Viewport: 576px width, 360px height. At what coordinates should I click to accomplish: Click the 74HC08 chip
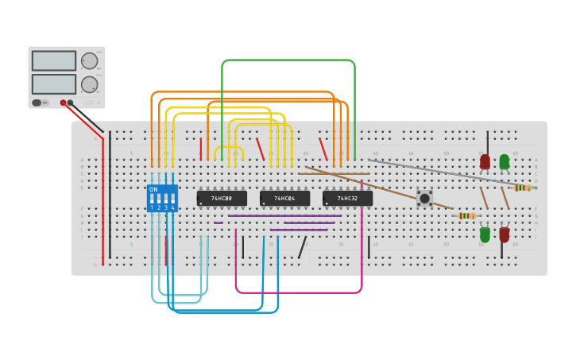pyautogui.click(x=222, y=198)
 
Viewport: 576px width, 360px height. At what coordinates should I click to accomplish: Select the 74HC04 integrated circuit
pyautogui.click(x=284, y=198)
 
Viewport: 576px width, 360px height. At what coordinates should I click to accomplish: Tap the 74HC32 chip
pyautogui.click(x=347, y=198)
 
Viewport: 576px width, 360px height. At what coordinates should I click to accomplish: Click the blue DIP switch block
pyautogui.click(x=162, y=199)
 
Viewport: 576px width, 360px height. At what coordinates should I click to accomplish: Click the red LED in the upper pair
pyautogui.click(x=485, y=161)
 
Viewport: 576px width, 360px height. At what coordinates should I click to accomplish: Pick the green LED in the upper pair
pyautogui.click(x=504, y=161)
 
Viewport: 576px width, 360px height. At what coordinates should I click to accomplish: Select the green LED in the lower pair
pyautogui.click(x=485, y=234)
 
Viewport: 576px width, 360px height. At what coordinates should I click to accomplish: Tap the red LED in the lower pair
pyautogui.click(x=504, y=234)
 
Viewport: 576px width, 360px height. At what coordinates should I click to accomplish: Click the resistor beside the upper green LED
pyautogui.click(x=523, y=188)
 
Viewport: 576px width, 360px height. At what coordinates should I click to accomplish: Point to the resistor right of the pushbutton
pyautogui.click(x=467, y=215)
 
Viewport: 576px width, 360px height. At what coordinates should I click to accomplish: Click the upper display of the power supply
pyautogui.click(x=54, y=61)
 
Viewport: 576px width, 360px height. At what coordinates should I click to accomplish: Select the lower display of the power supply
pyautogui.click(x=54, y=83)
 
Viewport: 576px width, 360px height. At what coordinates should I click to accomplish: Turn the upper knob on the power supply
pyautogui.click(x=90, y=61)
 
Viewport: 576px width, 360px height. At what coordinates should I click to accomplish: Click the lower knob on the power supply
pyautogui.click(x=90, y=84)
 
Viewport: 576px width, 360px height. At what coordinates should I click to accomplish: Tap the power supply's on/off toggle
pyautogui.click(x=37, y=103)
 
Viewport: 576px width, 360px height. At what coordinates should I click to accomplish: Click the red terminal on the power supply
pyautogui.click(x=63, y=103)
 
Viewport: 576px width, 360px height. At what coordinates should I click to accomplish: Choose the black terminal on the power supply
pyautogui.click(x=71, y=103)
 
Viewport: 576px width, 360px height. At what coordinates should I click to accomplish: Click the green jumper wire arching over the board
pyautogui.click(x=288, y=60)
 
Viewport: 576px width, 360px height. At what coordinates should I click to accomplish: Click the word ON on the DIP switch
pyautogui.click(x=153, y=189)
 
